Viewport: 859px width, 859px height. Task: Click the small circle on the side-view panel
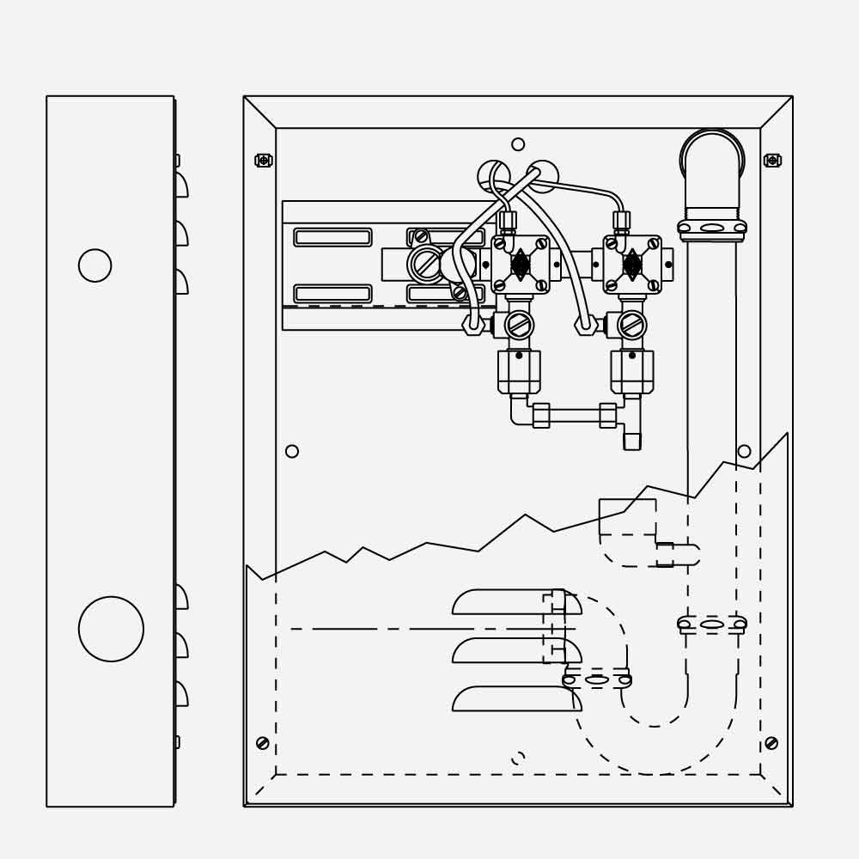(94, 265)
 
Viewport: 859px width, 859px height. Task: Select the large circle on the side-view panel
(111, 629)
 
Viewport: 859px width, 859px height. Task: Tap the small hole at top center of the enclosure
(518, 144)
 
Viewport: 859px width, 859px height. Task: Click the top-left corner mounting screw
(264, 160)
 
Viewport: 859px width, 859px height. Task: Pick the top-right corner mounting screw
(772, 160)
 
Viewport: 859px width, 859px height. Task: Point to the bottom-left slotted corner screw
(263, 743)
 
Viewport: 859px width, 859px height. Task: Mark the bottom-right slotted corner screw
(771, 743)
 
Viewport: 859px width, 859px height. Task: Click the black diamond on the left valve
(521, 265)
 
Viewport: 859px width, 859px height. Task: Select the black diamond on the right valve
(632, 265)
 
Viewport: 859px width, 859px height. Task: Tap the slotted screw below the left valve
(519, 325)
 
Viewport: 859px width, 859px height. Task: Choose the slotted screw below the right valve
(631, 325)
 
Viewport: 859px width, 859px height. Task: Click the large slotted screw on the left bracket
(426, 264)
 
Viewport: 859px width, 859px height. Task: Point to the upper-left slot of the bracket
(332, 237)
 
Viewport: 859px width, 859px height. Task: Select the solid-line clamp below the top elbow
(712, 228)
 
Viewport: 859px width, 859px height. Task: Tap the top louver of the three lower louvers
(516, 602)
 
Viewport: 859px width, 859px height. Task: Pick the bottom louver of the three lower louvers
(516, 698)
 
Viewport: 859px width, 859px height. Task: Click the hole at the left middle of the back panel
(292, 451)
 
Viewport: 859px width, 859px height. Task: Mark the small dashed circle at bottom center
(518, 758)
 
